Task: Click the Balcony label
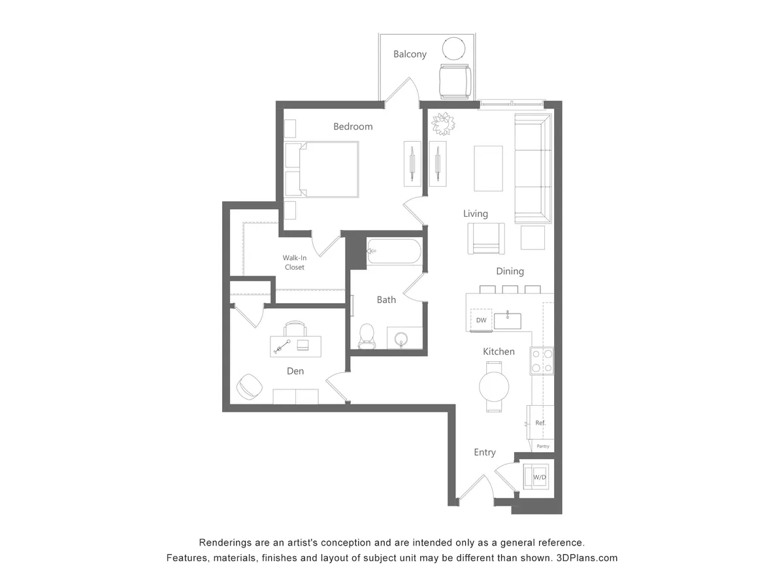coord(410,54)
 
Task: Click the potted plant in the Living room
coord(442,123)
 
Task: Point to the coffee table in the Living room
coord(488,168)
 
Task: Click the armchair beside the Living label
coord(486,238)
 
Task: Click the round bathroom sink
coord(402,339)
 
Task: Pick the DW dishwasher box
coord(482,319)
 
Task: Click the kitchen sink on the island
coord(507,320)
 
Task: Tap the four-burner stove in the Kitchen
coord(542,361)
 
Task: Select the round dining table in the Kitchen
coord(494,386)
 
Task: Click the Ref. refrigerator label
coord(540,423)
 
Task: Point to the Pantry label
coord(542,446)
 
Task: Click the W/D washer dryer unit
coord(540,477)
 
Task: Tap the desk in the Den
coord(296,346)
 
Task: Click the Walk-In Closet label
coord(294,262)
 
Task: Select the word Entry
coord(485,452)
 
